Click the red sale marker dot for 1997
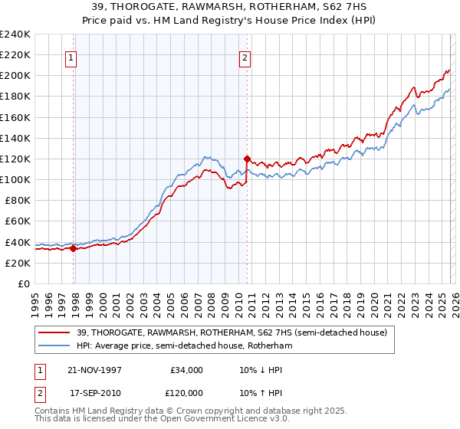[74, 248]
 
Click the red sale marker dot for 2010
[247, 159]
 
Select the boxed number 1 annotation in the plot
[71, 57]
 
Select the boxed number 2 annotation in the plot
[244, 57]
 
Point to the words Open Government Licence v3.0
[222, 421]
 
